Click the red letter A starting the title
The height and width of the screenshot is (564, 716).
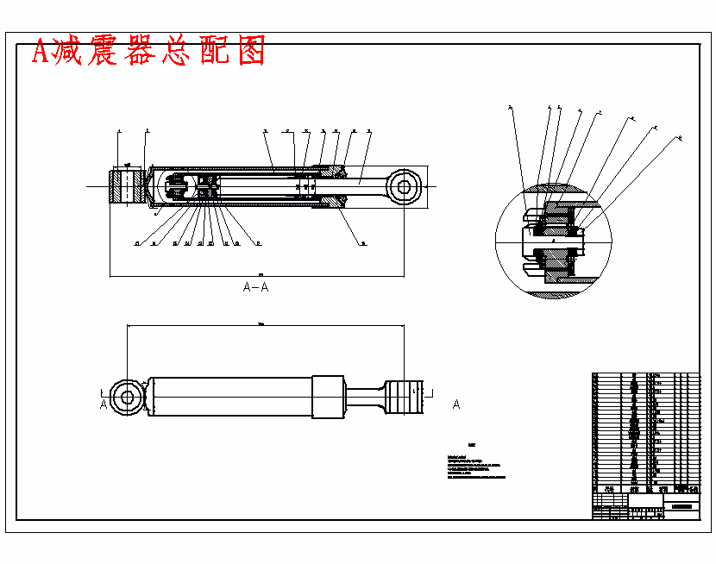(x=41, y=53)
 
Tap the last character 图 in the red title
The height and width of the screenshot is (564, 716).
(x=251, y=52)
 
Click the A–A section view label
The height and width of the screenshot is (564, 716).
(x=255, y=287)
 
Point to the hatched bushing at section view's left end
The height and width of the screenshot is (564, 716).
(x=126, y=185)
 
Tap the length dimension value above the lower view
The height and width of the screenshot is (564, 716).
(x=261, y=323)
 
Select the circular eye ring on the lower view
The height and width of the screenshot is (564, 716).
(x=127, y=397)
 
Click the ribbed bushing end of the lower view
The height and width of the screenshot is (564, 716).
(x=404, y=398)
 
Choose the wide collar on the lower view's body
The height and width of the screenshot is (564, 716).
(x=328, y=397)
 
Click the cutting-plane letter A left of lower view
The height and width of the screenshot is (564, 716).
(x=104, y=404)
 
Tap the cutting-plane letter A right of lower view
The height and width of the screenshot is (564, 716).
(x=456, y=404)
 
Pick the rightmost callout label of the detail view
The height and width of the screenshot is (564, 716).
(x=679, y=137)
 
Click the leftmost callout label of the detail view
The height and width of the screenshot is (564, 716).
(x=510, y=108)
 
